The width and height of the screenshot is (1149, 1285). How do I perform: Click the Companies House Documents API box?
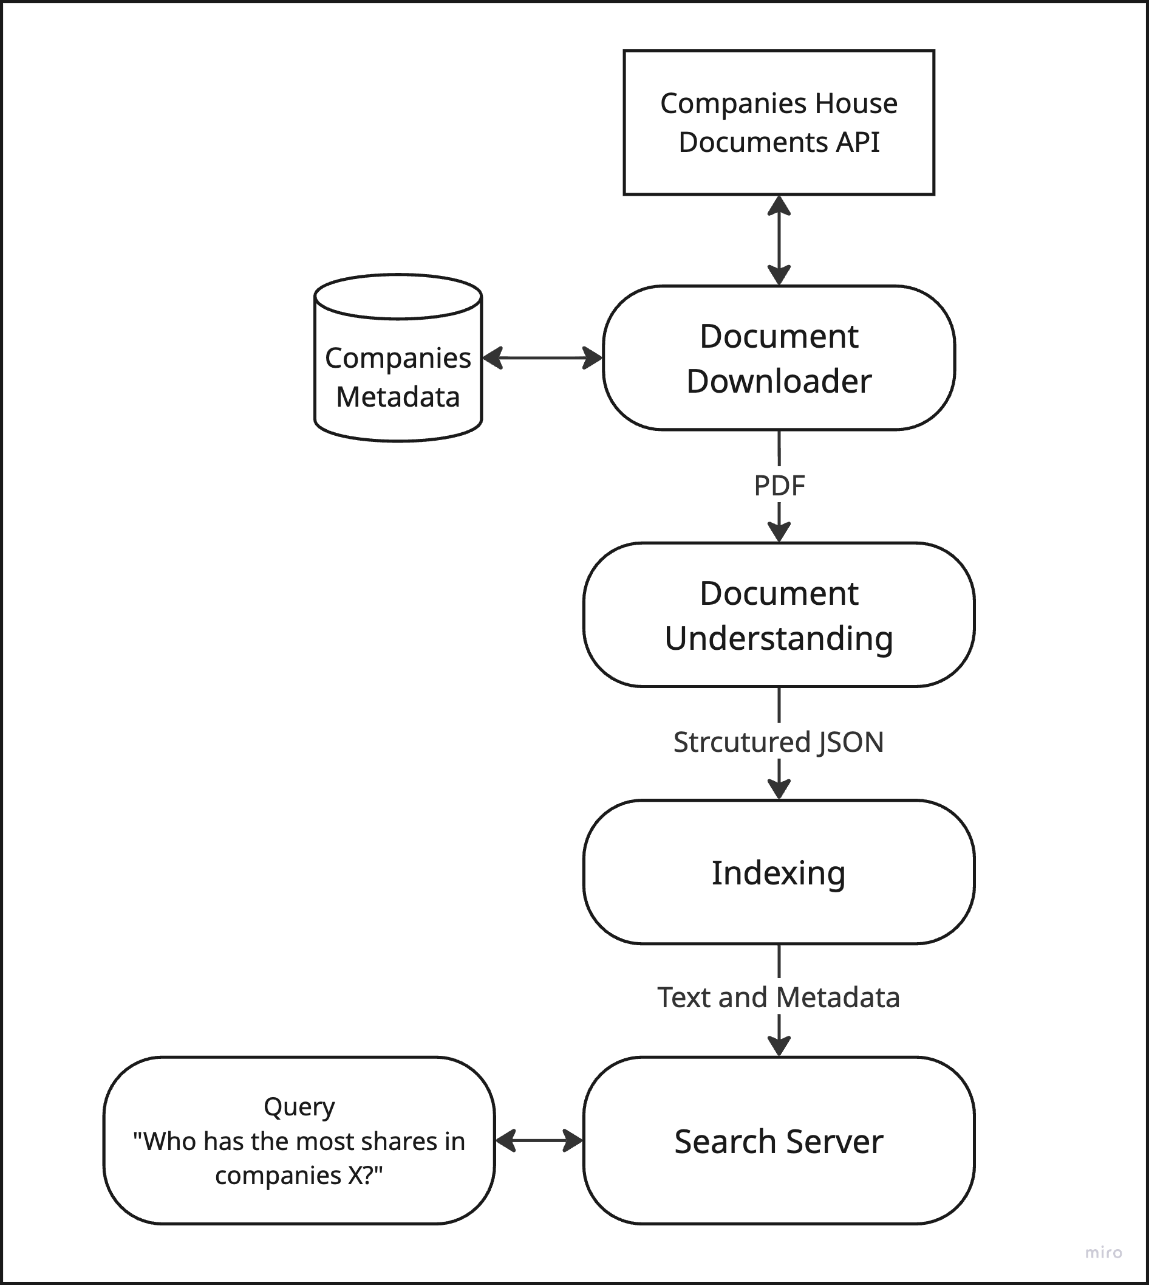click(x=779, y=122)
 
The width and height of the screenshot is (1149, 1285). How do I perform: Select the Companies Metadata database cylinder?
click(x=398, y=357)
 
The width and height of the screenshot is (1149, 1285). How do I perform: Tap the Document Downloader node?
click(x=779, y=357)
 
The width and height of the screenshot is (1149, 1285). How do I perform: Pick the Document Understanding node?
click(x=779, y=615)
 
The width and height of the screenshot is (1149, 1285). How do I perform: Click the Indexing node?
click(x=779, y=872)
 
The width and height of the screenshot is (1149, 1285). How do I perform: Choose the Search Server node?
click(x=779, y=1140)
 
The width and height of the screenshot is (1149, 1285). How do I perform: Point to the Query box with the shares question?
click(x=299, y=1140)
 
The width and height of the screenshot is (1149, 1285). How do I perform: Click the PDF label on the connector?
click(x=779, y=485)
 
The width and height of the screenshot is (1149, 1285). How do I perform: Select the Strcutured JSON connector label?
click(x=779, y=742)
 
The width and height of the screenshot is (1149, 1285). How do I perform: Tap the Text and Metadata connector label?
click(x=779, y=997)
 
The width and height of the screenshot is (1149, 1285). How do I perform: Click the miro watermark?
click(x=1103, y=1252)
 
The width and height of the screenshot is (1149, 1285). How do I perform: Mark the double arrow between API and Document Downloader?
click(x=779, y=240)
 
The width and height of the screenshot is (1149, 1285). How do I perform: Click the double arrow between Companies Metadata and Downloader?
click(x=542, y=357)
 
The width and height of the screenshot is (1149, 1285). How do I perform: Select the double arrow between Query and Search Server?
click(x=539, y=1140)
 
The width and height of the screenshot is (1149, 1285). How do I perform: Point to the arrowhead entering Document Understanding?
click(x=779, y=532)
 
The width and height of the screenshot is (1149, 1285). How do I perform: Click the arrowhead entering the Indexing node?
click(x=779, y=789)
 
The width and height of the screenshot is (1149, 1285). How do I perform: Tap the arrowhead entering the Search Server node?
click(x=779, y=1046)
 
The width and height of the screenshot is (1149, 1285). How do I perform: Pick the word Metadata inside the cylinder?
click(x=398, y=397)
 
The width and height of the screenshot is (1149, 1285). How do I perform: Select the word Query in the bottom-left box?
click(x=299, y=1106)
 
